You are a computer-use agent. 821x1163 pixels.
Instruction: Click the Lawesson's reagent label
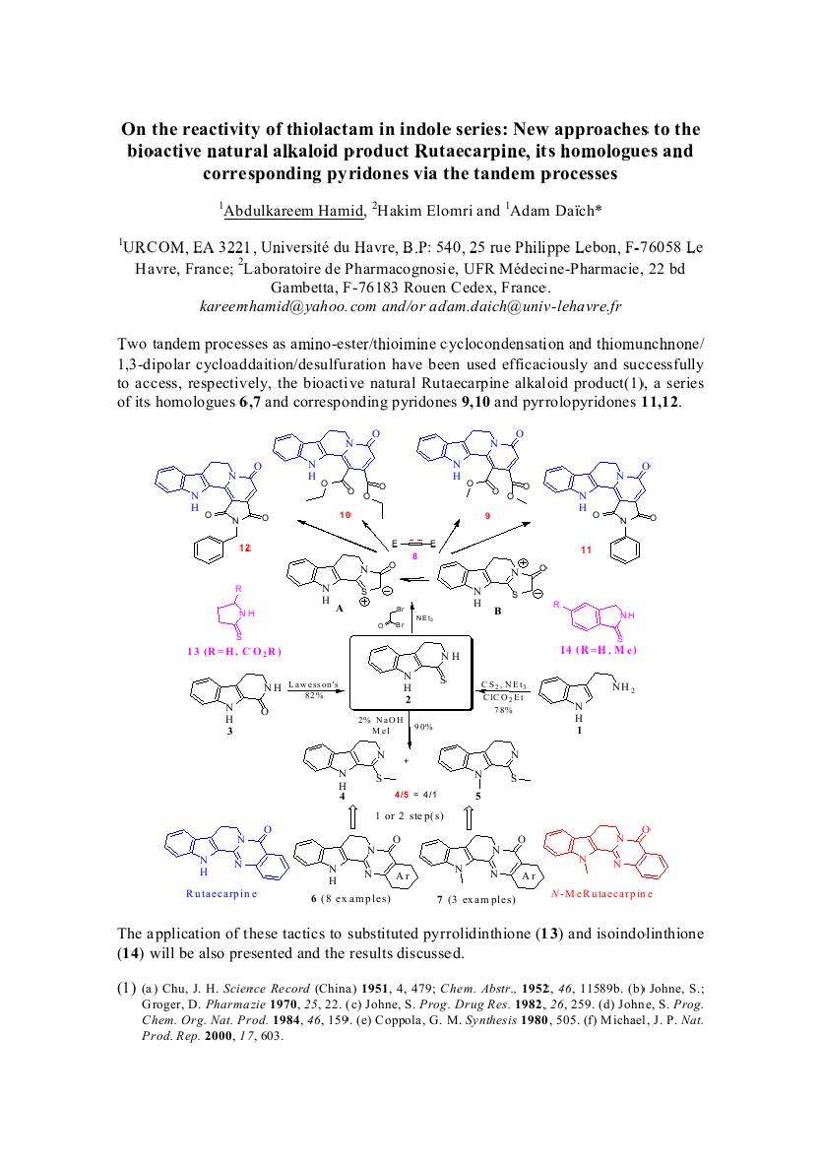(314, 685)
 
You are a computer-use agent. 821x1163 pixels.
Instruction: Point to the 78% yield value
(504, 709)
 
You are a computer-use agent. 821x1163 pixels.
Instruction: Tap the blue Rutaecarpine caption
(221, 893)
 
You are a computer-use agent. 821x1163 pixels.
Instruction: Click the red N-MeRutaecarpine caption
(601, 893)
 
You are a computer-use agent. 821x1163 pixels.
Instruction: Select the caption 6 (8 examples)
(350, 899)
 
